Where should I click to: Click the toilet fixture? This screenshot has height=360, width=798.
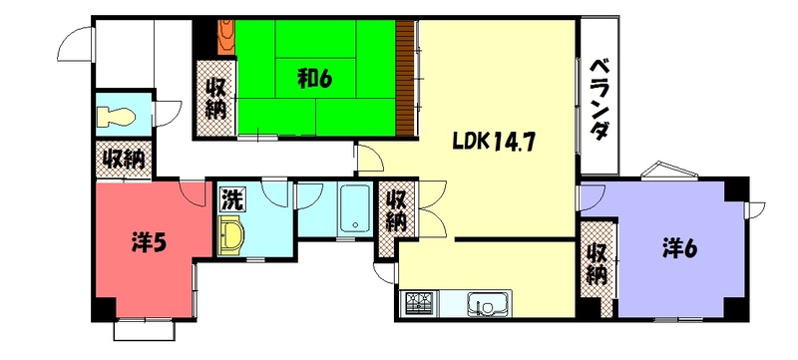tap(118, 115)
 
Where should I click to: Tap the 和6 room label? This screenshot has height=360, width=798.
tap(313, 79)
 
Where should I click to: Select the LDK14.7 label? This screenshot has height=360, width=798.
tap(495, 141)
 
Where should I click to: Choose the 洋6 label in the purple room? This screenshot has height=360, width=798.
tap(678, 246)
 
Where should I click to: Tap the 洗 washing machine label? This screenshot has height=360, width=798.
tap(231, 198)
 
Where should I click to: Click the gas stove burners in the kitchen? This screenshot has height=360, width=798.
tap(419, 302)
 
